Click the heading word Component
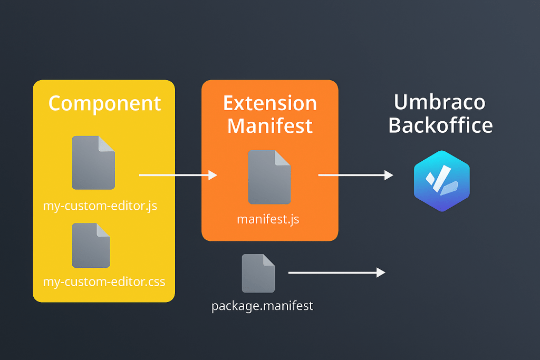[x=104, y=103]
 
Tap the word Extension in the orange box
[x=269, y=103]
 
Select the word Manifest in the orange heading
[x=269, y=126]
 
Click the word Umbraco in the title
[x=439, y=102]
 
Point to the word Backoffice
[x=440, y=125]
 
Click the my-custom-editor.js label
[x=100, y=206]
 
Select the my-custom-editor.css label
[x=104, y=281]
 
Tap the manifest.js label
[x=268, y=219]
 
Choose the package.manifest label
[x=262, y=306]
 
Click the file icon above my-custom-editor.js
[x=93, y=163]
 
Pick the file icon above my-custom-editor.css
[x=91, y=245]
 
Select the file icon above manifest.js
[x=269, y=177]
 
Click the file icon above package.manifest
[x=258, y=273]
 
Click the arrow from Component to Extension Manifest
[x=178, y=175]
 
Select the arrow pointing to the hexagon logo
[x=355, y=175]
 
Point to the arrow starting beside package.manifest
[x=336, y=273]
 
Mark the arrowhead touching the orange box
[x=213, y=175]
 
